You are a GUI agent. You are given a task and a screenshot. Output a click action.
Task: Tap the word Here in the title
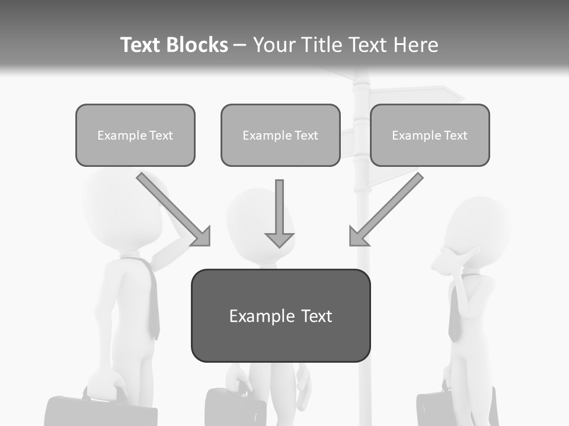pos(415,45)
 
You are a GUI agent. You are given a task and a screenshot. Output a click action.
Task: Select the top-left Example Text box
pos(135,135)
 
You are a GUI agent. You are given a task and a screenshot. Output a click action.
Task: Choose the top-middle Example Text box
pos(280,135)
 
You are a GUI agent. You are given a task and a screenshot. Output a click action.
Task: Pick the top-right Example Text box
pos(430,135)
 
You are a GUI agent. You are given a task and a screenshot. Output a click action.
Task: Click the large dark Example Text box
pos(280,316)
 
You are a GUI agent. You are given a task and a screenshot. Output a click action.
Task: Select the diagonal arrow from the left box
pos(175,210)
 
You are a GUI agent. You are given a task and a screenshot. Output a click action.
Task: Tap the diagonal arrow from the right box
pos(385,210)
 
